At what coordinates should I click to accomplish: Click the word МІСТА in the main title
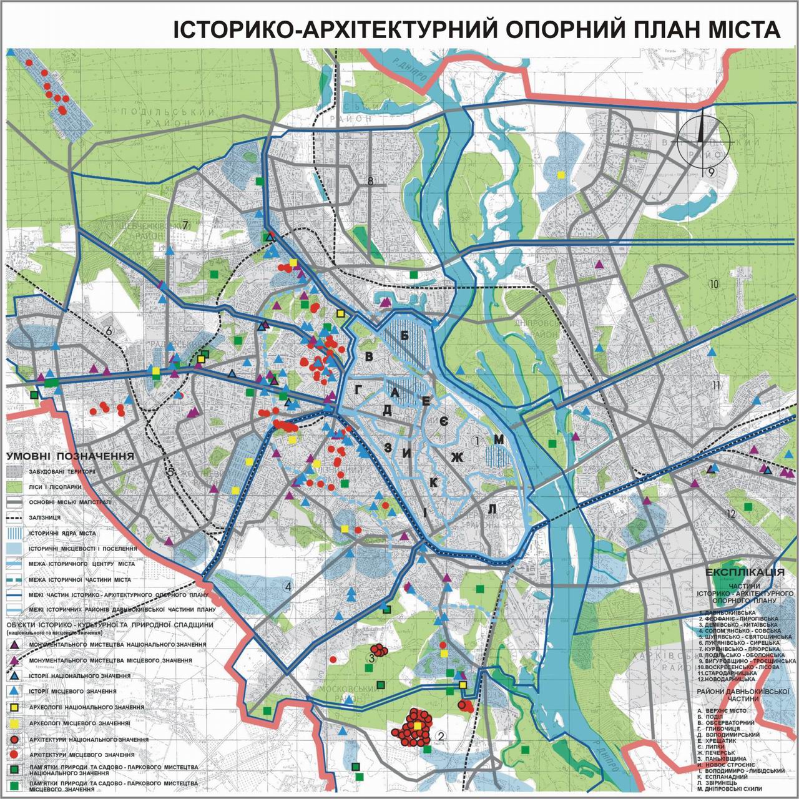coord(738,29)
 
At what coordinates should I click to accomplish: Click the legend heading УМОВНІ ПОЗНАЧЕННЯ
coord(70,456)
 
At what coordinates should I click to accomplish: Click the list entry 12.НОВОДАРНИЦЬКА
coord(731,680)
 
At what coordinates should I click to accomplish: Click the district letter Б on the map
coord(404,336)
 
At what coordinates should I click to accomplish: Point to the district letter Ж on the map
coord(458,458)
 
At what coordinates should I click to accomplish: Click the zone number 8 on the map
coord(370,182)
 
